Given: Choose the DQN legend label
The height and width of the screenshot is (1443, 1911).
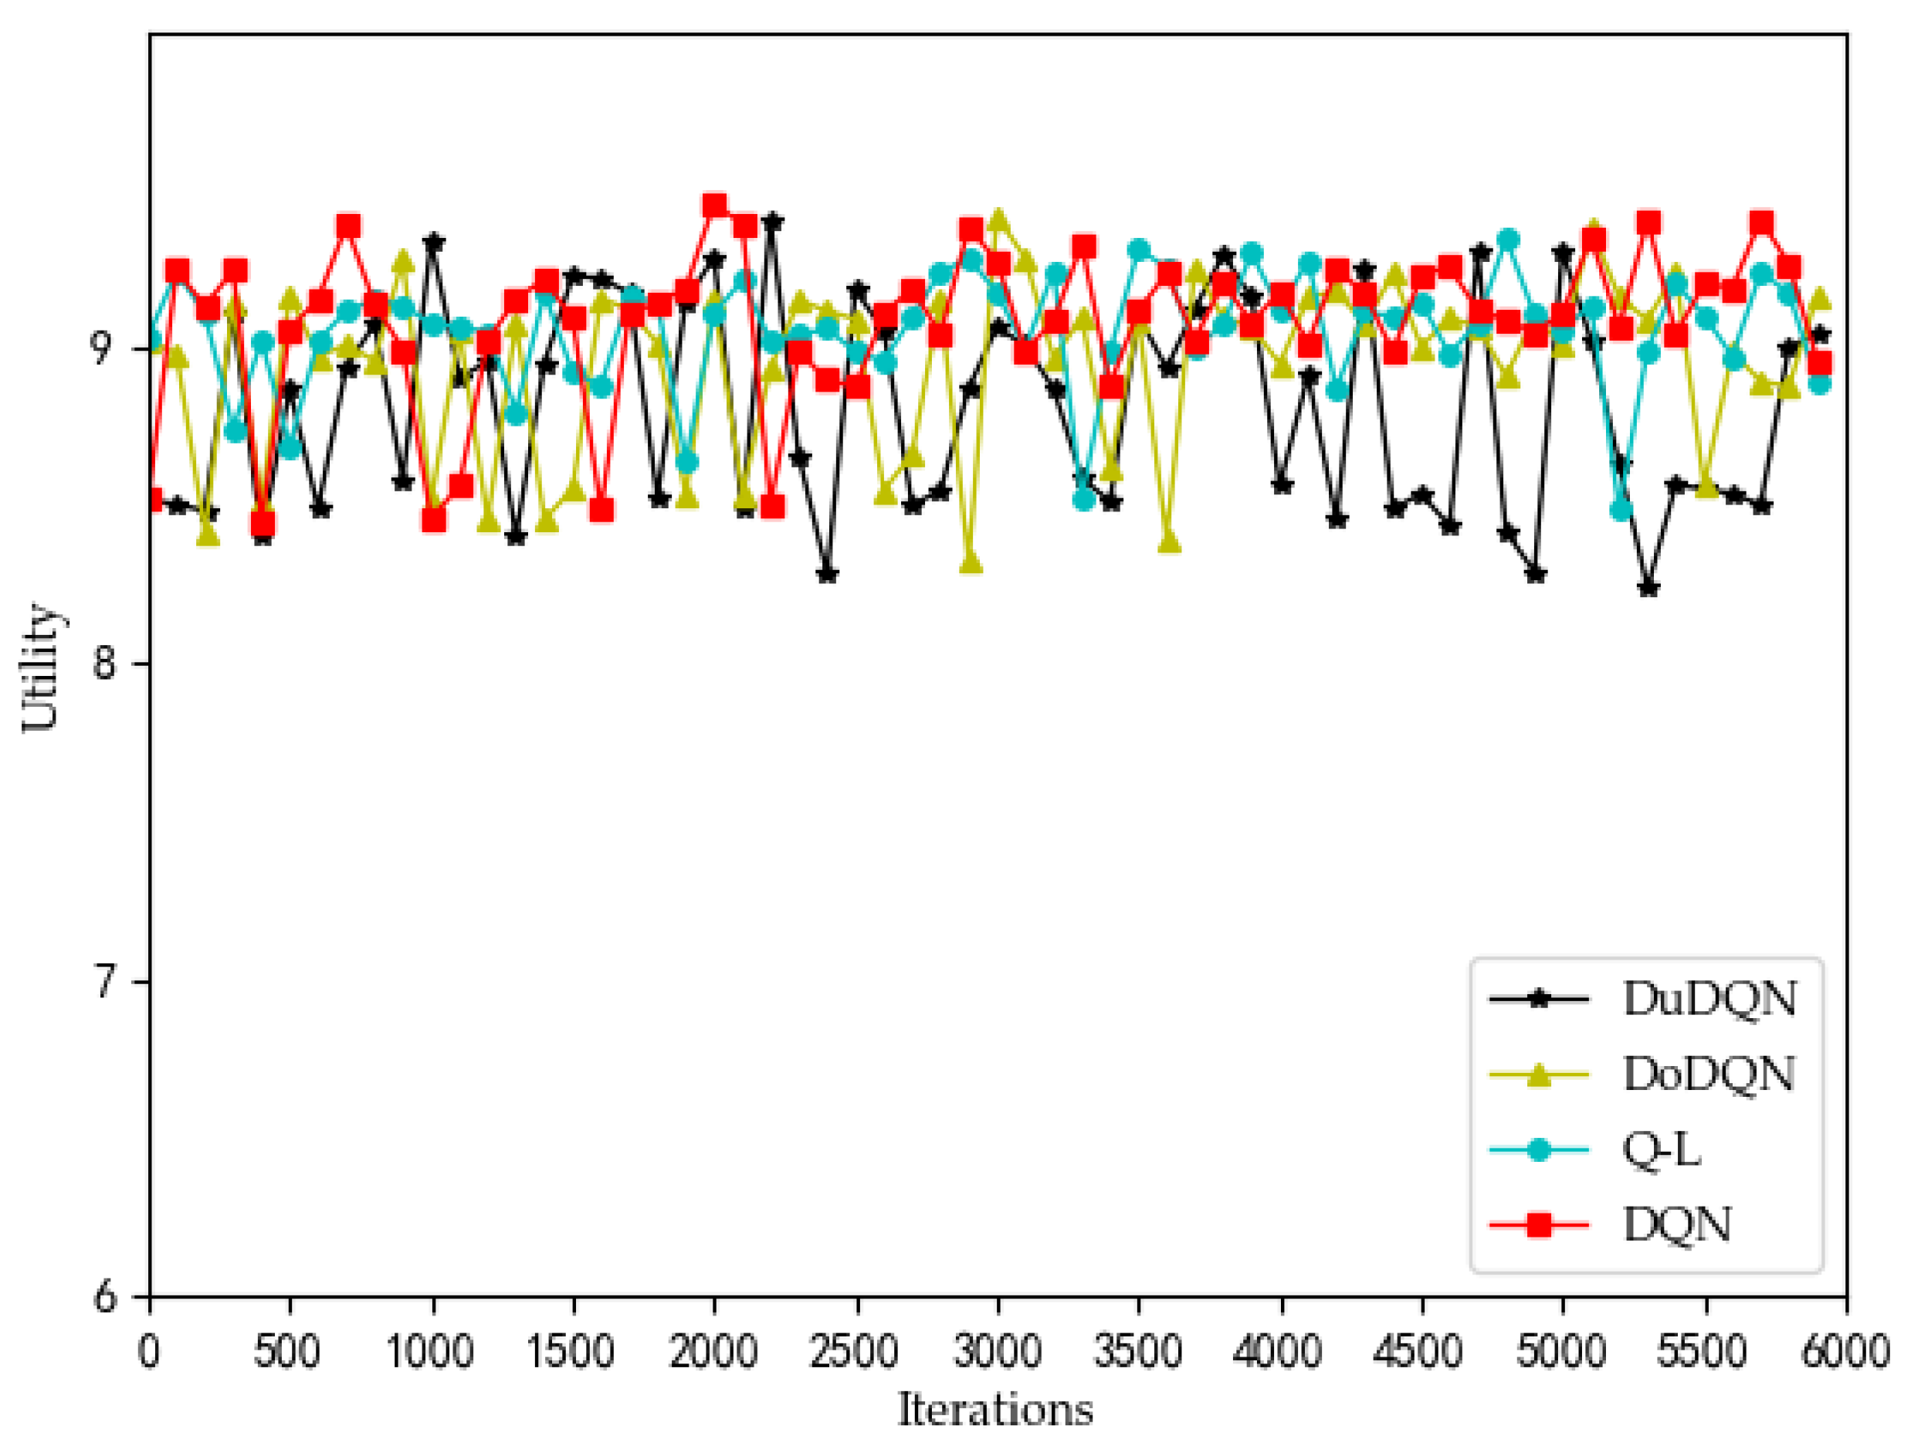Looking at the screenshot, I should (1678, 1225).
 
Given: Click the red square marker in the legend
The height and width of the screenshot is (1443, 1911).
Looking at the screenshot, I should (1539, 1224).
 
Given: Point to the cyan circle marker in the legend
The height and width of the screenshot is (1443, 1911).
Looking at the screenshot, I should (1539, 1150).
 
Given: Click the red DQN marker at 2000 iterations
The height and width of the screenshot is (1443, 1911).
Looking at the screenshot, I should (714, 205).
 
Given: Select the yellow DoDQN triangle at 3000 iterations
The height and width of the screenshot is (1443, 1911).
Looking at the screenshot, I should (998, 219).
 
